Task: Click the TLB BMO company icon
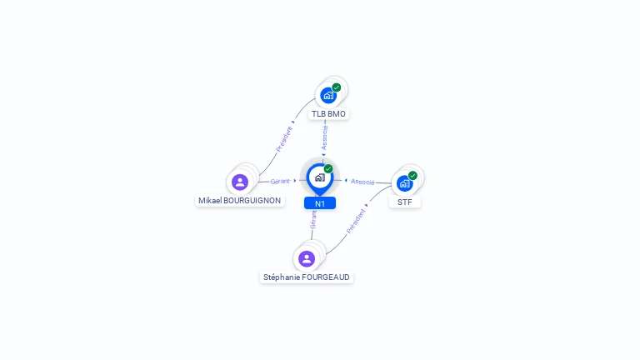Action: coord(328,95)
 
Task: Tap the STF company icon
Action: coord(405,183)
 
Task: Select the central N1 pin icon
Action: coord(319,177)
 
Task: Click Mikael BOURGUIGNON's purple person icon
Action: coord(240,182)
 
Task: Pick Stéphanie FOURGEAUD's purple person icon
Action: coord(307,258)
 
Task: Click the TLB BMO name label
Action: coord(328,113)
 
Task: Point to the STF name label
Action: coord(405,202)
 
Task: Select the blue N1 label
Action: coord(320,203)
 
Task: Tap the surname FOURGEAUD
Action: coord(326,277)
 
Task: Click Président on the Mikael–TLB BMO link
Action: coord(285,137)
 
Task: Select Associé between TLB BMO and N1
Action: coord(325,137)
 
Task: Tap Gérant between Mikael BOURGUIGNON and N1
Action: coord(280,181)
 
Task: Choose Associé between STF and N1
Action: coord(362,181)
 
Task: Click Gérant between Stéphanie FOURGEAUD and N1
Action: coord(313,218)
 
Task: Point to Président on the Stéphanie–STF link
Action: coord(356,220)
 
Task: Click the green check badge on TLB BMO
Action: coord(337,87)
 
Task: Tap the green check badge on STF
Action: coord(412,176)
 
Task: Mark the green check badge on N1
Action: coord(328,169)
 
